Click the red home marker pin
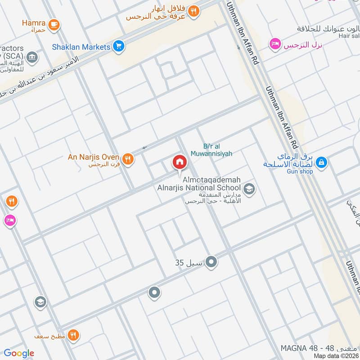[179, 162]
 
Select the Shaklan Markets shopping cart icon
[119, 46]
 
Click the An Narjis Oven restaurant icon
[128, 158]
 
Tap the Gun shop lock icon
[321, 162]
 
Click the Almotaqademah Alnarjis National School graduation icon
[249, 189]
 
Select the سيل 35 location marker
[211, 262]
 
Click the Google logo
[19, 353]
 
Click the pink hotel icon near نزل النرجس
[274, 44]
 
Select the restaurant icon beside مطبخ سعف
[74, 335]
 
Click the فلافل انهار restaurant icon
[193, 12]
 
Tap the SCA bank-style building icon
[31, 57]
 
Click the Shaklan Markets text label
[81, 47]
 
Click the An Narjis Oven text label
[93, 157]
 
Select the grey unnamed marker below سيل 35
[154, 293]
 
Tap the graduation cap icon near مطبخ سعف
[40, 302]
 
